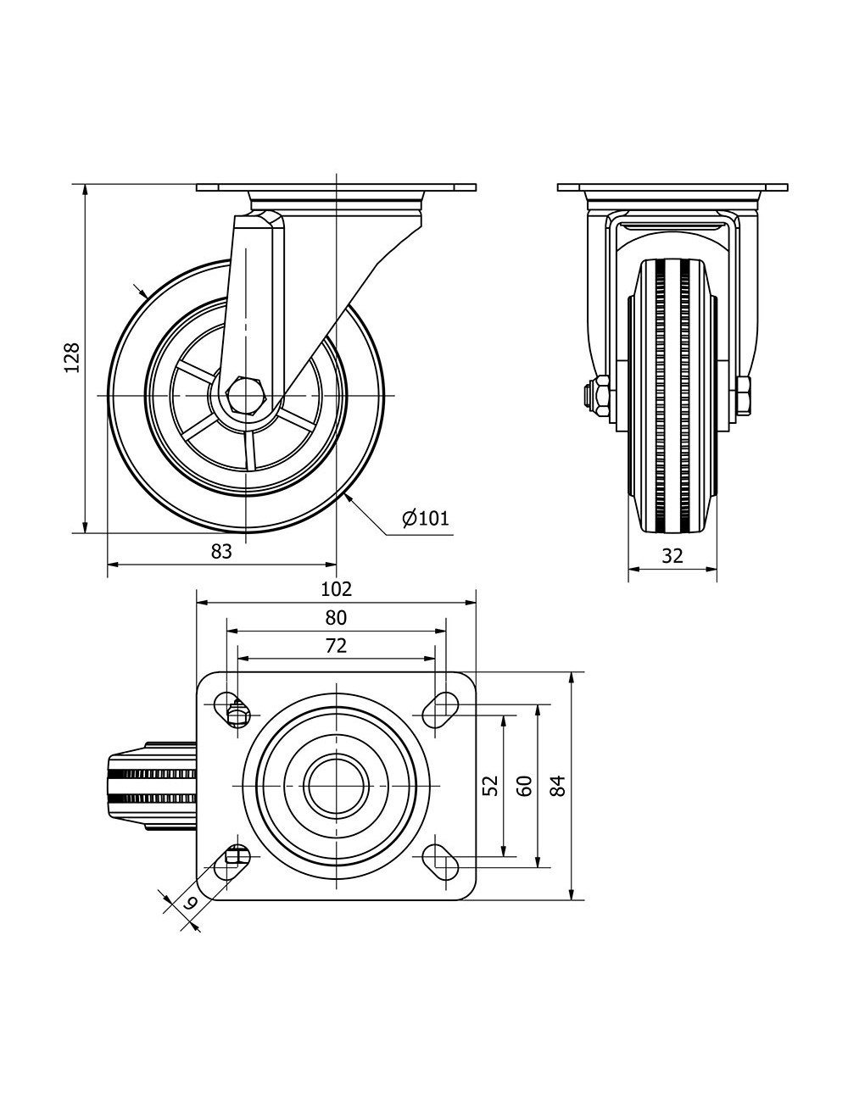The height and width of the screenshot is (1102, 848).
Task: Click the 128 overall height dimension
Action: tap(72, 358)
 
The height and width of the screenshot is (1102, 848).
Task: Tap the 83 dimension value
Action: tap(221, 551)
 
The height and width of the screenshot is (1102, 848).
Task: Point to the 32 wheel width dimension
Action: tap(672, 556)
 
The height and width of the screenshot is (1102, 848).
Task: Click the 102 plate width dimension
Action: tap(337, 589)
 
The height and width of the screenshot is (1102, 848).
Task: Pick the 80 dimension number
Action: tap(336, 618)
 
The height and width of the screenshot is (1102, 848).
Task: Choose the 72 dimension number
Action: tap(336, 646)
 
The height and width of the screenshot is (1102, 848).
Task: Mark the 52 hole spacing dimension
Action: tap(490, 786)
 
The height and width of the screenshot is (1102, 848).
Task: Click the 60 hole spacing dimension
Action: tap(524, 786)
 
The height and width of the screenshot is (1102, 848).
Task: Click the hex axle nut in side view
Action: tap(245, 395)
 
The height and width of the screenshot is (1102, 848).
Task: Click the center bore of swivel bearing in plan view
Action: tap(337, 786)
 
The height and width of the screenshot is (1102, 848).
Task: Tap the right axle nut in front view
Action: tap(743, 396)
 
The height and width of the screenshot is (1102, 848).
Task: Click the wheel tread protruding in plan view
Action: tap(152, 787)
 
